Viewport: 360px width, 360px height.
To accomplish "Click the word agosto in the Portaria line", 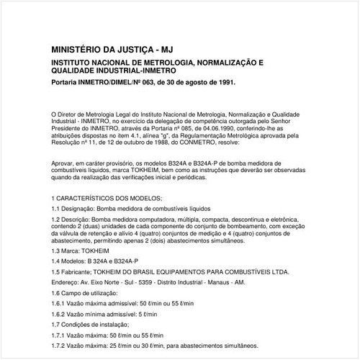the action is tap(191, 83).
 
